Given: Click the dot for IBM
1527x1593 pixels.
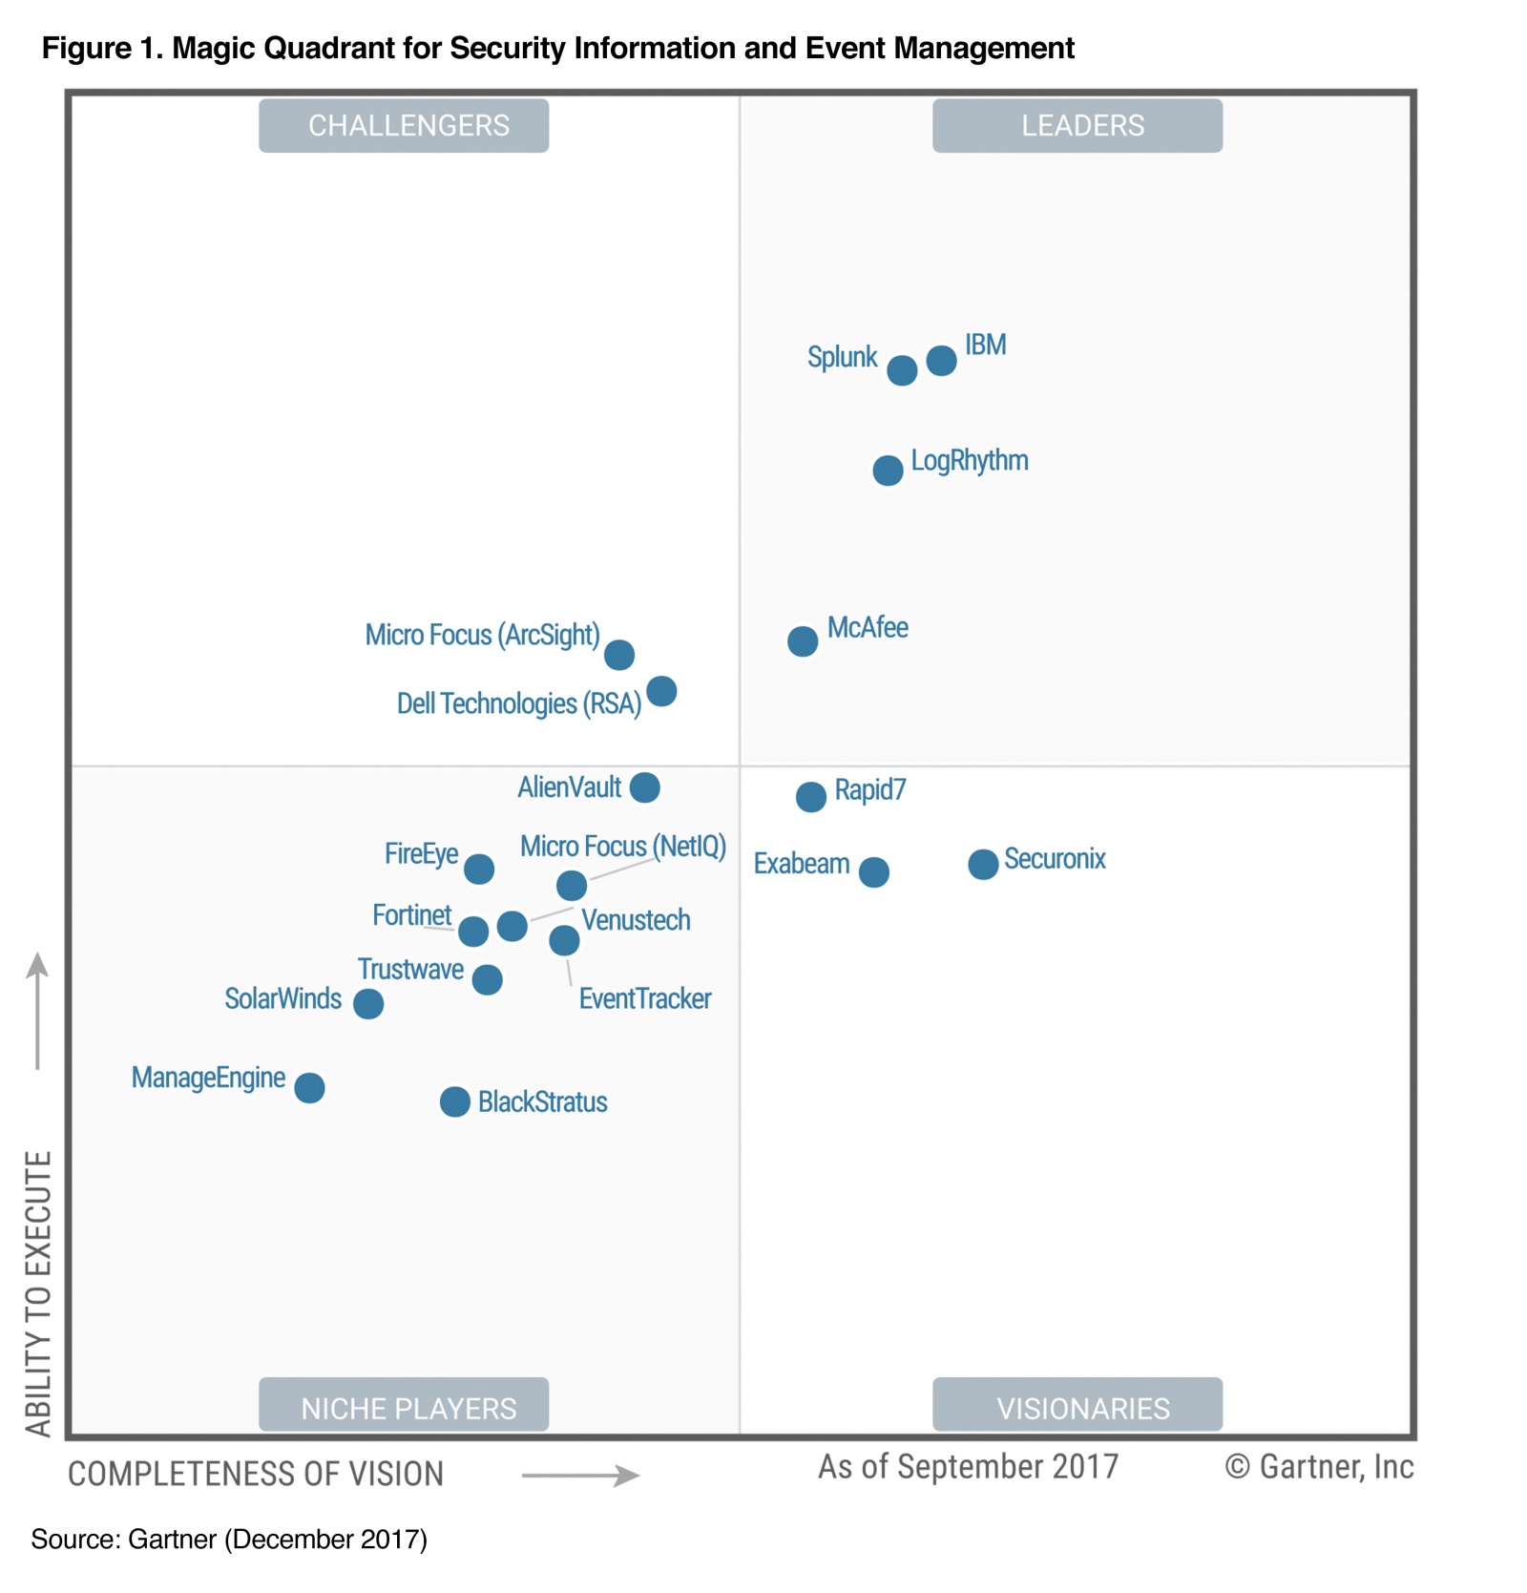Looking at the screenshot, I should point(941,361).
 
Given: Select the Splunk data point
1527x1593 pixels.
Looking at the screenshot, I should point(902,370).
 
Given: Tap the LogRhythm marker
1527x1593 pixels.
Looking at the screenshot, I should point(888,471).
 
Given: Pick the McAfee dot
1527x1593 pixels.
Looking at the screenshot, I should point(803,641).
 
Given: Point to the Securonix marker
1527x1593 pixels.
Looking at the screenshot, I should point(983,864).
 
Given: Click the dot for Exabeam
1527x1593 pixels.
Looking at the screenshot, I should point(874,871).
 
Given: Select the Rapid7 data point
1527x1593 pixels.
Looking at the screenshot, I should point(811,796).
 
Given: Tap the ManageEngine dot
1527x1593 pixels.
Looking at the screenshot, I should point(309,1087).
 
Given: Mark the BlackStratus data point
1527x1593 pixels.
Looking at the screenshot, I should point(455,1101).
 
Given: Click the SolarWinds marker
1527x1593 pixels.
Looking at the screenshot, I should point(368,1003).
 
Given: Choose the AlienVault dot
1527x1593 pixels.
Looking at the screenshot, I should point(645,787).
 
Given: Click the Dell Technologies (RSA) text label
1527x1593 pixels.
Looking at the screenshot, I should point(518,704).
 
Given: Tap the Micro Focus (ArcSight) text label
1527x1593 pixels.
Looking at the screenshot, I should point(482,635).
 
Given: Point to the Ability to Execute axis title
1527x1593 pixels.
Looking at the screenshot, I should point(38,1293).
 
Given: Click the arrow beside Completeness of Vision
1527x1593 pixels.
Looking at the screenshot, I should point(580,1476).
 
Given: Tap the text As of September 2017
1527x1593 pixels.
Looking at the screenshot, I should point(968,1467).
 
